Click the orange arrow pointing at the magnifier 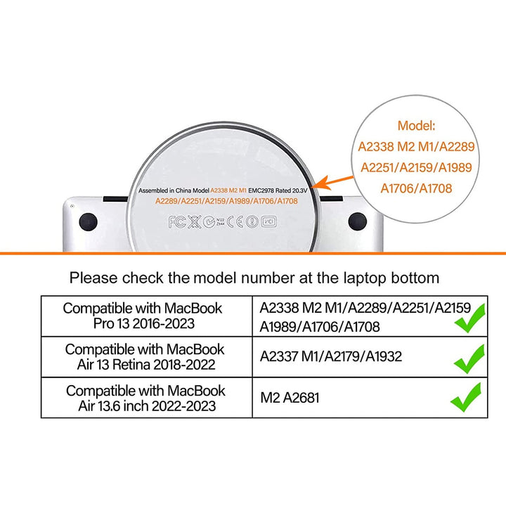pyautogui.click(x=333, y=182)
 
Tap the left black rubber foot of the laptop pyautogui.click(x=88, y=222)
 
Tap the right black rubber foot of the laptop pyautogui.click(x=357, y=221)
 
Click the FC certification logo pyautogui.click(x=177, y=222)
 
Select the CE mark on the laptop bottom pyautogui.click(x=235, y=221)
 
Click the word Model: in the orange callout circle pyautogui.click(x=416, y=126)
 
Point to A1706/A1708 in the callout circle pyautogui.click(x=416, y=188)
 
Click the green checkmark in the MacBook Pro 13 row pyautogui.click(x=470, y=318)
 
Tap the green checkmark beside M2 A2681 pyautogui.click(x=466, y=397)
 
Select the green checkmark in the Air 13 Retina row pyautogui.click(x=469, y=359)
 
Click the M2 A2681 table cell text pyautogui.click(x=290, y=398)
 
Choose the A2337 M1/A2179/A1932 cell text pyautogui.click(x=331, y=356)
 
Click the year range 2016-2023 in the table pyautogui.click(x=164, y=323)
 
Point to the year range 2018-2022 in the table pyautogui.click(x=184, y=365)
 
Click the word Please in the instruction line pyautogui.click(x=93, y=278)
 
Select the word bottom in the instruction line pyautogui.click(x=415, y=278)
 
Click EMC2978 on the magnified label pyautogui.click(x=261, y=190)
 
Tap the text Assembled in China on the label pyautogui.click(x=165, y=190)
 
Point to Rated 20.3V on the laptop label pyautogui.click(x=292, y=190)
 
